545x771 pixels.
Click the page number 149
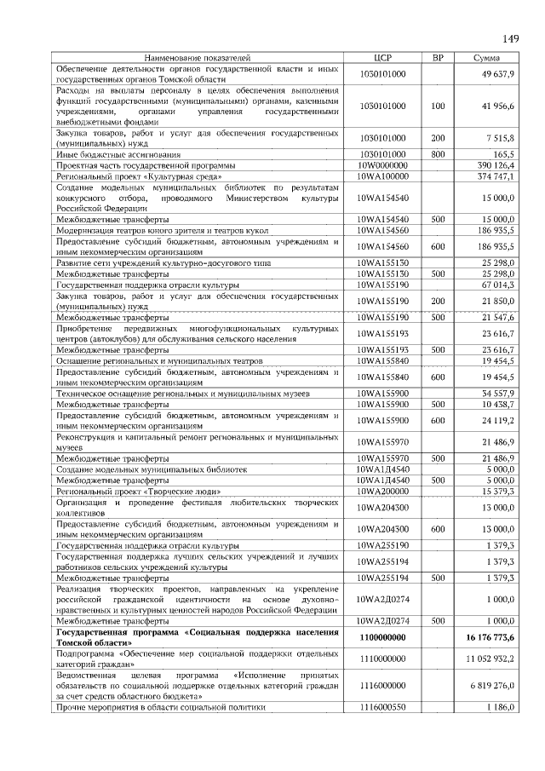(x=510, y=37)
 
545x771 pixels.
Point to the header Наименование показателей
(x=198, y=58)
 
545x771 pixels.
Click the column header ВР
(x=438, y=58)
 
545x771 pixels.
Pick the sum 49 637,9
(x=498, y=74)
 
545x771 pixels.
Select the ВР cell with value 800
(x=438, y=154)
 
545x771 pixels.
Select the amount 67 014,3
(x=498, y=284)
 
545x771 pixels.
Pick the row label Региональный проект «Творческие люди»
(x=139, y=492)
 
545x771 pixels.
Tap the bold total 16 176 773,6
(x=490, y=636)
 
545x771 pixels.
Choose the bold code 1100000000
(x=382, y=636)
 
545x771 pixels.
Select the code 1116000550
(x=382, y=707)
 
